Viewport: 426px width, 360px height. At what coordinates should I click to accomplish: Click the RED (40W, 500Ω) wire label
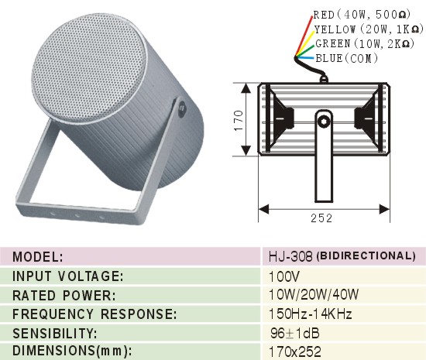tap(362, 15)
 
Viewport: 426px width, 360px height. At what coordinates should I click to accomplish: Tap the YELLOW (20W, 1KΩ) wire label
tap(369, 29)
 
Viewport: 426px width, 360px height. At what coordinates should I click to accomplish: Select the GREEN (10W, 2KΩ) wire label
tap(365, 43)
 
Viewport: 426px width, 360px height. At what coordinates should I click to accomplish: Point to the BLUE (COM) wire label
tap(347, 58)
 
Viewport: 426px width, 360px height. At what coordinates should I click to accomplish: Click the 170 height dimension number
tap(239, 120)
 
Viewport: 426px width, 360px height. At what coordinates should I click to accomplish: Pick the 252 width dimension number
tap(321, 218)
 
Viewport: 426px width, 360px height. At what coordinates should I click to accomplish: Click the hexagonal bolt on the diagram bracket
tap(324, 121)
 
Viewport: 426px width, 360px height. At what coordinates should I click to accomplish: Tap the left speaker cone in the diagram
tap(280, 118)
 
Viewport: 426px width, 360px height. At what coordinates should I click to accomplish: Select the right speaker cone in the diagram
tap(367, 118)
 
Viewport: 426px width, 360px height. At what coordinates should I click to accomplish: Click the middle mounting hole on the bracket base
tap(77, 215)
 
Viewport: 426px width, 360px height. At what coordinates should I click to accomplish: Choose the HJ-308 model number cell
tap(290, 256)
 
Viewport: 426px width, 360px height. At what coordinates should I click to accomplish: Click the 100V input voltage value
tap(284, 276)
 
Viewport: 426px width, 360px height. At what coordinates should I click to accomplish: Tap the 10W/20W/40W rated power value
tap(314, 294)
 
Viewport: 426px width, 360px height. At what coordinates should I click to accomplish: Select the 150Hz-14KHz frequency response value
tap(310, 314)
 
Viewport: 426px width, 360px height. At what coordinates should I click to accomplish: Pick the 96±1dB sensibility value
tap(295, 333)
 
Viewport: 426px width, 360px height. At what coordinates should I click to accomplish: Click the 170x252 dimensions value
tap(295, 351)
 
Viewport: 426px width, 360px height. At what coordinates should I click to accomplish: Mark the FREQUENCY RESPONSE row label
tap(94, 314)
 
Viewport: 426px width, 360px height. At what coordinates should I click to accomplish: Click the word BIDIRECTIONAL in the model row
tap(366, 256)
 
